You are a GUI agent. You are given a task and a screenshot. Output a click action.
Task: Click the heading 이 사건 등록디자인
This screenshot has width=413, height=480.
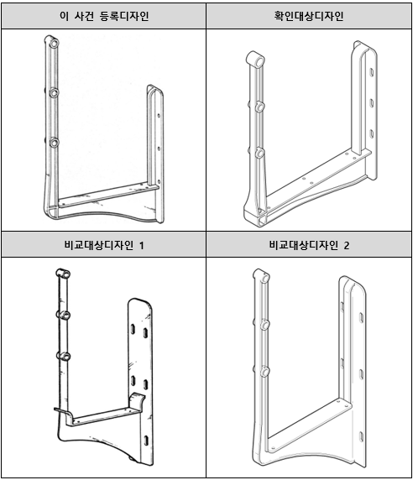[104, 16]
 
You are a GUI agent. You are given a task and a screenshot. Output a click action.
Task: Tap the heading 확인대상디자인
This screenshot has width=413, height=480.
[309, 16]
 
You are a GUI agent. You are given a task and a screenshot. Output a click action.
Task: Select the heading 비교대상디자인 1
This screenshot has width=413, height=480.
[104, 245]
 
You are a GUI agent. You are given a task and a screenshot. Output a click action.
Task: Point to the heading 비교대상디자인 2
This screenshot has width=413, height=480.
[309, 245]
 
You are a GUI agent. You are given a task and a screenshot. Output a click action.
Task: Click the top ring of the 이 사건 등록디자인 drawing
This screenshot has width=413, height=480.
[54, 43]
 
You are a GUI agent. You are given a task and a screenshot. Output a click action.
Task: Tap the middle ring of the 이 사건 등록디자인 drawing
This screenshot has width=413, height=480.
[54, 92]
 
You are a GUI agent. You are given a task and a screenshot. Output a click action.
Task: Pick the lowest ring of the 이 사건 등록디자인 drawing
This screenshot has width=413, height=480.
[55, 143]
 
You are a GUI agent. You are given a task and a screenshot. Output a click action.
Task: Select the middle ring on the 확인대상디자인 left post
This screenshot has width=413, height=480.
[259, 107]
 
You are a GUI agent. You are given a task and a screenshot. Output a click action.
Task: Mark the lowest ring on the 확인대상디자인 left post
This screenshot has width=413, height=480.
[259, 153]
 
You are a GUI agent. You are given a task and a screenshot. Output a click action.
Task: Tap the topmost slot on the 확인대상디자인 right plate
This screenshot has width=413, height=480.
[371, 72]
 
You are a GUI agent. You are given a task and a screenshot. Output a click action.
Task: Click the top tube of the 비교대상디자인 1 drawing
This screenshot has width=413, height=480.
[63, 274]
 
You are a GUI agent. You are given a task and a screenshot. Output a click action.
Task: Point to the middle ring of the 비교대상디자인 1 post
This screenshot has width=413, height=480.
[64, 315]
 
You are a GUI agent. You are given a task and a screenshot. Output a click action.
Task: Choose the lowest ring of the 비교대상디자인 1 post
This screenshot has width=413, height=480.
[64, 357]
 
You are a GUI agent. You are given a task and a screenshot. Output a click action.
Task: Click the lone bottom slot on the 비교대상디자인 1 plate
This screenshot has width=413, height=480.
[146, 441]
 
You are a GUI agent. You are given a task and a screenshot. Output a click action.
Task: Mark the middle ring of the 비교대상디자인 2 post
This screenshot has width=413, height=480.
[264, 325]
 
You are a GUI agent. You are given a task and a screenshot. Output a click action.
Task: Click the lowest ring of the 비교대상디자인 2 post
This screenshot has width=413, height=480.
[264, 372]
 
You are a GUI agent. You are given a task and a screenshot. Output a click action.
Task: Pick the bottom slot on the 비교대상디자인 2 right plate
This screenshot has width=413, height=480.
[362, 437]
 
